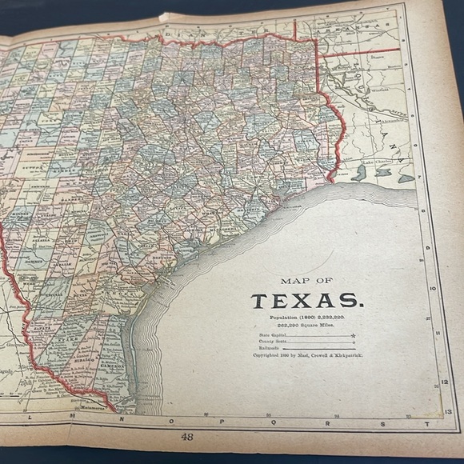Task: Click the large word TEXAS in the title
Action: coord(306,302)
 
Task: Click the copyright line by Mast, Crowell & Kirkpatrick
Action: coord(307,354)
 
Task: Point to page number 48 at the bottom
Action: coord(188,437)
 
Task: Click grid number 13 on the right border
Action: coord(448,411)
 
